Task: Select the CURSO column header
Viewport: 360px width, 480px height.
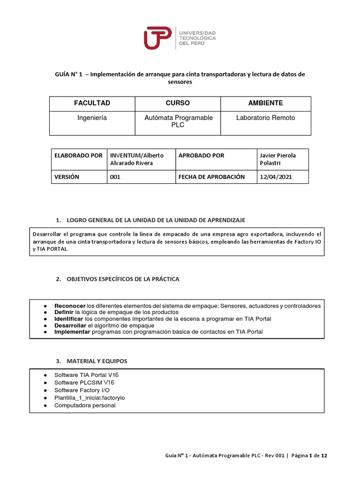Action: [178, 103]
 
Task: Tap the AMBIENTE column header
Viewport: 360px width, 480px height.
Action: [265, 103]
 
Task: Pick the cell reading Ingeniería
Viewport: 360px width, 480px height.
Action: [92, 118]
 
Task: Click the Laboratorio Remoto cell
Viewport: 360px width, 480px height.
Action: [265, 118]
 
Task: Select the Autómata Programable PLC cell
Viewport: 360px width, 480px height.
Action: [178, 121]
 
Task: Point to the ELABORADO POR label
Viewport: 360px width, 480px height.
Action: [78, 155]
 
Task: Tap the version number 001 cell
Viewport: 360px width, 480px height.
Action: [115, 177]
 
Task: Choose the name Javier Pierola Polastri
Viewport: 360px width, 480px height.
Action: [277, 159]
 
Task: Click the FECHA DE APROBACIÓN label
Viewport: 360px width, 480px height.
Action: [211, 177]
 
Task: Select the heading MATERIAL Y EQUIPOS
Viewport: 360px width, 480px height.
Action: [97, 361]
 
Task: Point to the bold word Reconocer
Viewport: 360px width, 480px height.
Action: [70, 306]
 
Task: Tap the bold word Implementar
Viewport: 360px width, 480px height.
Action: [72, 331]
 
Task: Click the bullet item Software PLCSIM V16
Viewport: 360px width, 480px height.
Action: [84, 382]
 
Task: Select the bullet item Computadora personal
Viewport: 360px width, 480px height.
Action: [85, 405]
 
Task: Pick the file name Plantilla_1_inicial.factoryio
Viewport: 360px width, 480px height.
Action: [90, 398]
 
